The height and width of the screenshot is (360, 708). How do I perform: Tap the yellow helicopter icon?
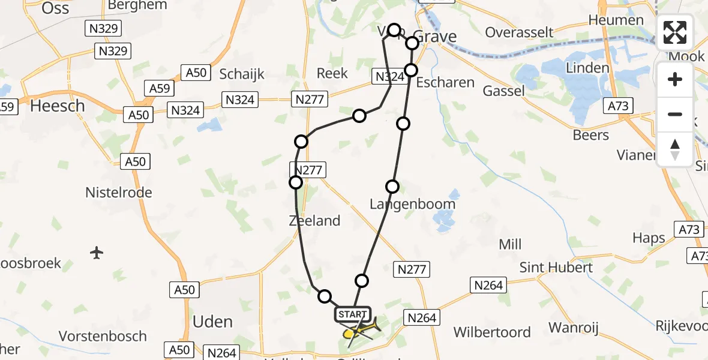pyautogui.click(x=362, y=329)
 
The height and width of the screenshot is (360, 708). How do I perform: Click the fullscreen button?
pyautogui.click(x=675, y=32)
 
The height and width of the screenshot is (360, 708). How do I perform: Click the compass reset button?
pyautogui.click(x=675, y=149)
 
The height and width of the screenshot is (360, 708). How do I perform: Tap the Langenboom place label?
pyautogui.click(x=413, y=204)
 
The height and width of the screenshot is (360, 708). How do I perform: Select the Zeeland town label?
pyautogui.click(x=314, y=221)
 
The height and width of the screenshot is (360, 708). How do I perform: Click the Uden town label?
pyautogui.click(x=212, y=322)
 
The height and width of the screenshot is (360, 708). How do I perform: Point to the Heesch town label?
pyautogui.click(x=58, y=106)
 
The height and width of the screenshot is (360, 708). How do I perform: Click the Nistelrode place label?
pyautogui.click(x=119, y=193)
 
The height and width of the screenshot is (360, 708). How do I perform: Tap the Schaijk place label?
pyautogui.click(x=242, y=74)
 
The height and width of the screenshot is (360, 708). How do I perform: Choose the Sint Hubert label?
pyautogui.click(x=556, y=268)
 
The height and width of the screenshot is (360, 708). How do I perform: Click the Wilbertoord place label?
pyautogui.click(x=492, y=332)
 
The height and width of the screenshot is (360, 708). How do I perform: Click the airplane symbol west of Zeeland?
pyautogui.click(x=97, y=253)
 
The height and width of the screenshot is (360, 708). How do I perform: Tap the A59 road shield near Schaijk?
pyautogui.click(x=158, y=89)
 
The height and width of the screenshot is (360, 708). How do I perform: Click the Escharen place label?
pyautogui.click(x=445, y=82)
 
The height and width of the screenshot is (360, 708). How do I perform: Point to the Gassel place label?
pyautogui.click(x=504, y=91)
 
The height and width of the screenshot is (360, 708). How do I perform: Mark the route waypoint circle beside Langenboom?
pyautogui.click(x=392, y=187)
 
